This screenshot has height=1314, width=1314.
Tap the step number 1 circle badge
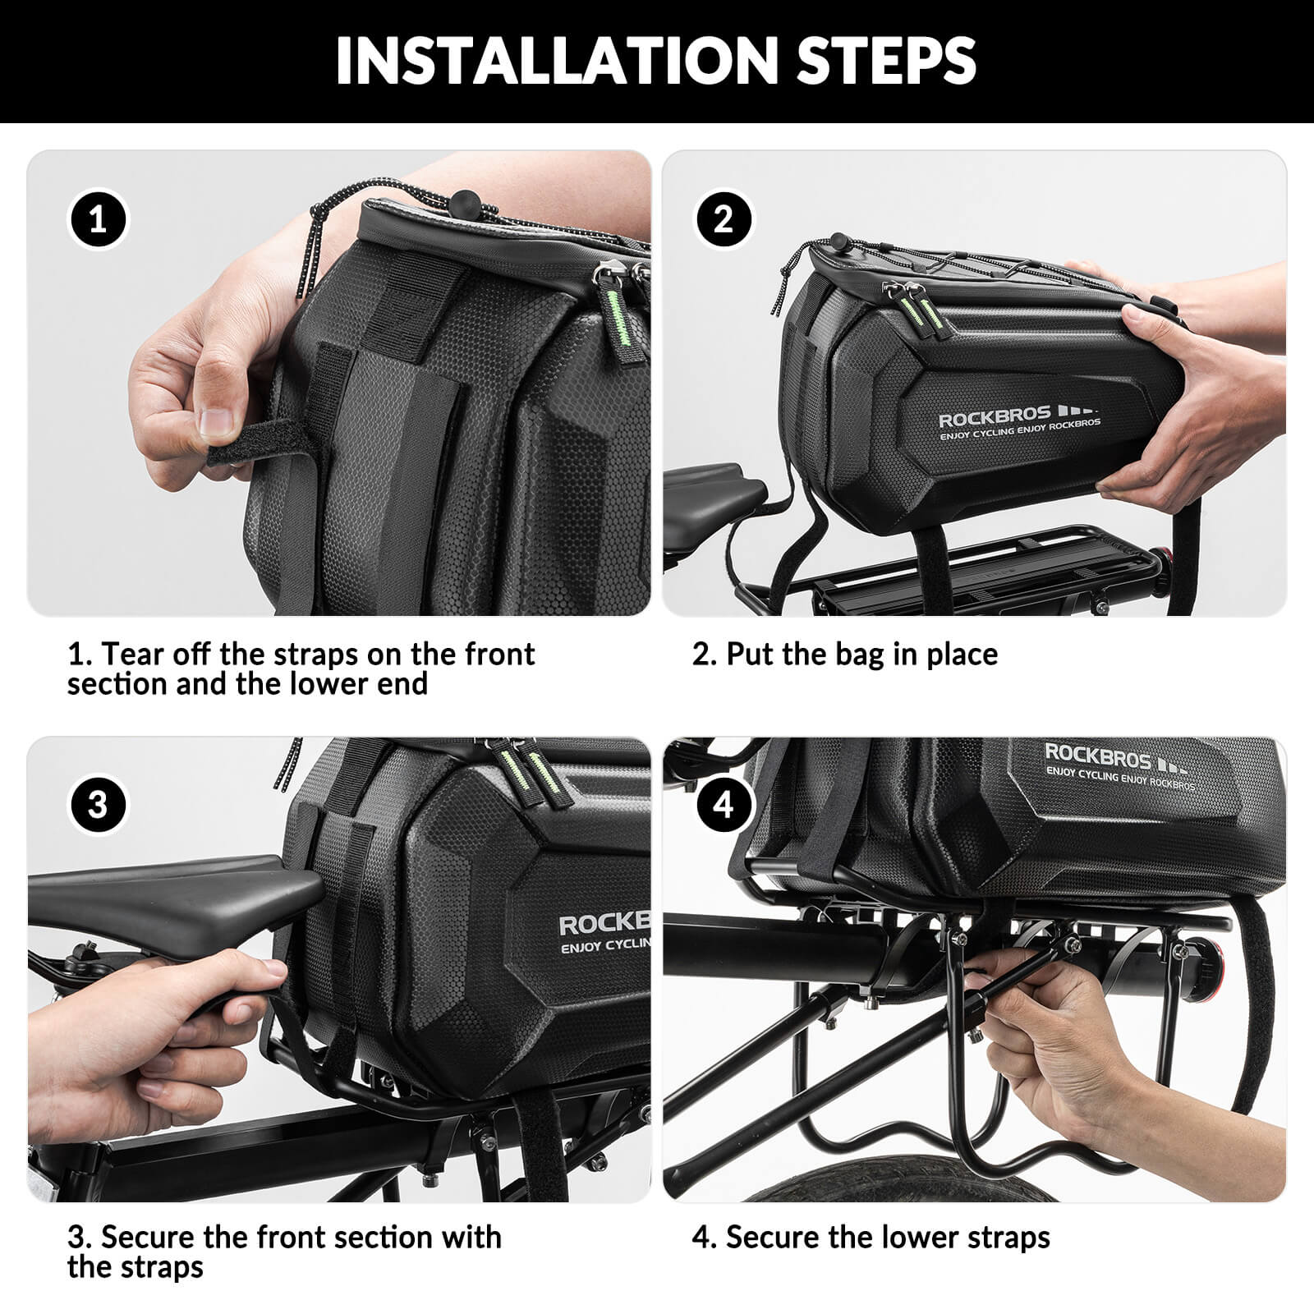(x=98, y=220)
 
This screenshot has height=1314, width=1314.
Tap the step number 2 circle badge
(x=724, y=220)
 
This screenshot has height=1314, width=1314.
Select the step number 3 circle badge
(x=98, y=804)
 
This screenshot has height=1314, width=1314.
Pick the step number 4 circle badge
(x=724, y=804)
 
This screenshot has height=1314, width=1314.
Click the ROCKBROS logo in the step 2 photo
(x=995, y=417)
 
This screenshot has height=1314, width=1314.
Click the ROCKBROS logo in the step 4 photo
(x=1098, y=754)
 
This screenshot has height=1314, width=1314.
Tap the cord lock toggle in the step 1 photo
(x=466, y=200)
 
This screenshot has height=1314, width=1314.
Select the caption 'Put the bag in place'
(x=845, y=655)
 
